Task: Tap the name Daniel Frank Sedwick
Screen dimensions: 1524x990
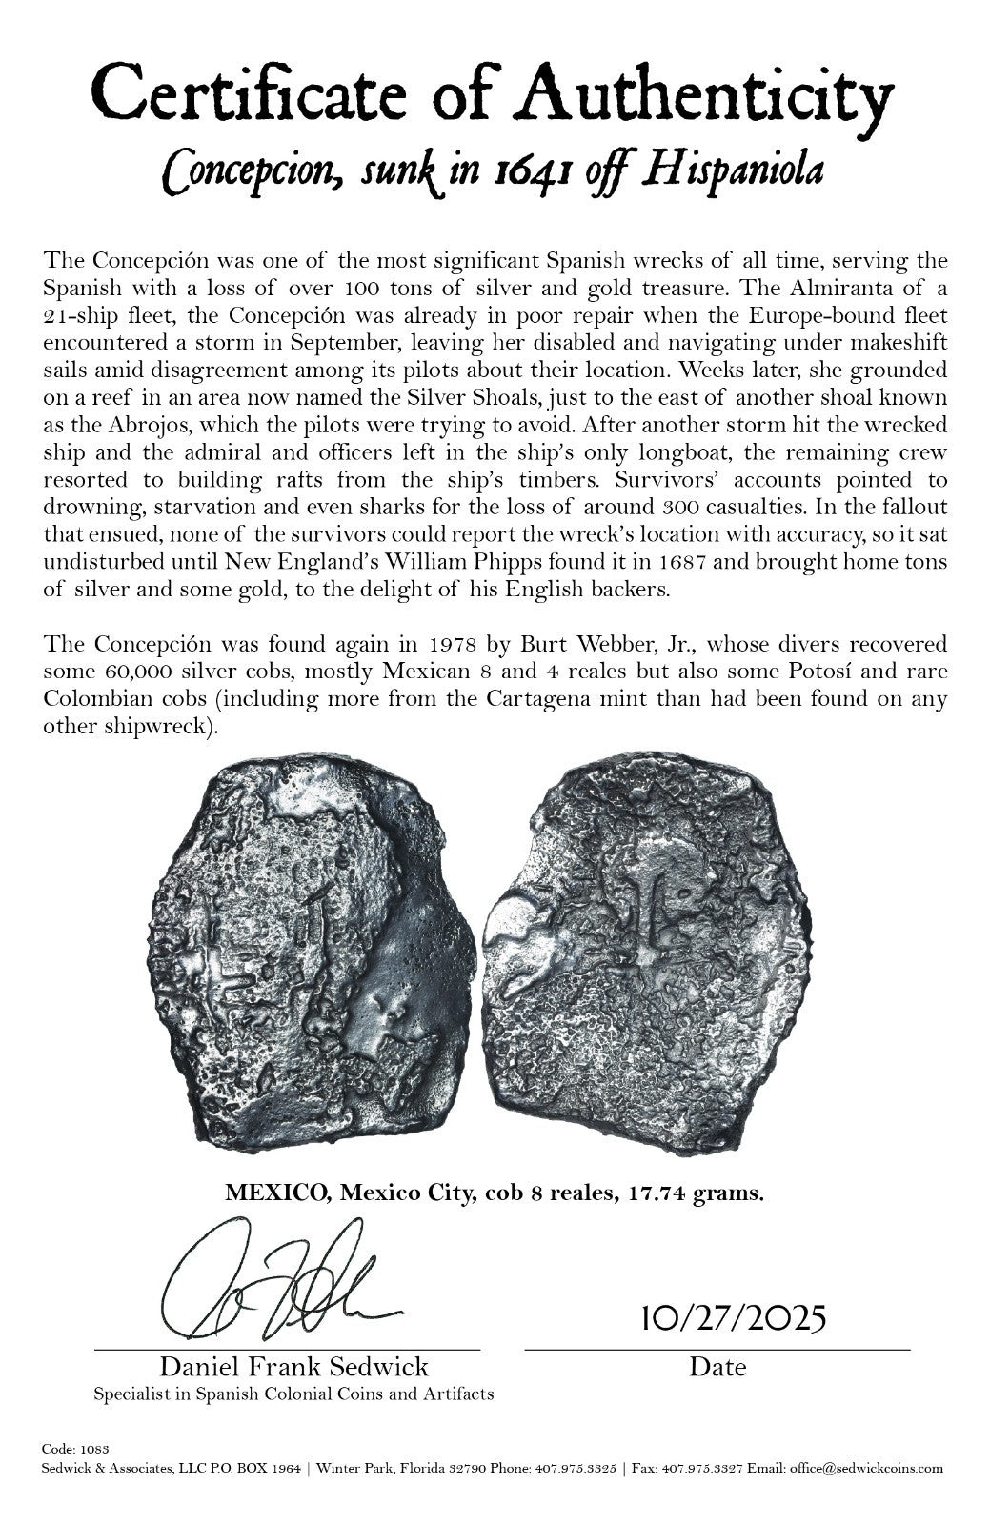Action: click(x=293, y=1368)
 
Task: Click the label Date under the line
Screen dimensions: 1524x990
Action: click(x=717, y=1368)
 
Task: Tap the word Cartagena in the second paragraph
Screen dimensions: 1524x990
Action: click(x=537, y=700)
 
